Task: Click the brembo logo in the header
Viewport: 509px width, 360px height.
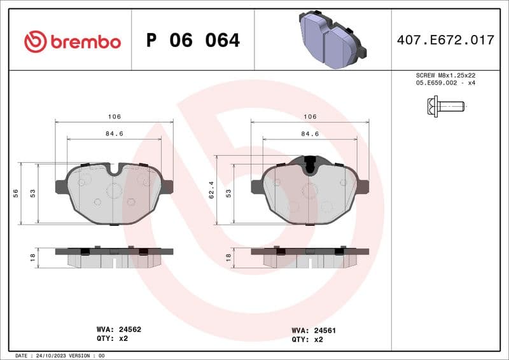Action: (72, 41)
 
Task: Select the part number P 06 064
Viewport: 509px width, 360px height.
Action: (193, 41)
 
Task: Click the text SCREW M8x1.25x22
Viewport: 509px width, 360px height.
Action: (445, 75)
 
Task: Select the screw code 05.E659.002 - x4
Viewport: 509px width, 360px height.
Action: (445, 83)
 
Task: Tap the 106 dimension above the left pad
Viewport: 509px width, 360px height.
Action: (114, 117)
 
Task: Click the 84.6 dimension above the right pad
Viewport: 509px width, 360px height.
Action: (310, 134)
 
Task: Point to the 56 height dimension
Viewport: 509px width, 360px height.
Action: (15, 193)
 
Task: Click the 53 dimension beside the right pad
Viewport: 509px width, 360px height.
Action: (228, 193)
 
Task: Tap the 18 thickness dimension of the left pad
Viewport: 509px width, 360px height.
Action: (33, 258)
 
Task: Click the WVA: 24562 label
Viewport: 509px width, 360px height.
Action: (118, 330)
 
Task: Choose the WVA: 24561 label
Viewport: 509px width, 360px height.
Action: (314, 331)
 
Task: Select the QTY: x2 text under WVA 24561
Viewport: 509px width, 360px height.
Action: (307, 340)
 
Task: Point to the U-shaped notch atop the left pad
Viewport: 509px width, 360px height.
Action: (115, 169)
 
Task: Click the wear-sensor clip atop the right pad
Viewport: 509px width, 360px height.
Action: (310, 165)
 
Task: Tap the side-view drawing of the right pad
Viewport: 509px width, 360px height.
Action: (310, 256)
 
